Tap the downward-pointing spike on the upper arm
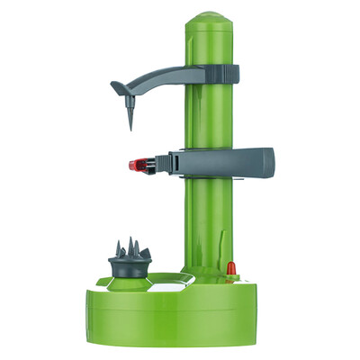(x=131, y=115)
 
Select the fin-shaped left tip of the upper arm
(x=118, y=87)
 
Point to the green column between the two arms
(x=211, y=117)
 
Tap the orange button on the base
(x=230, y=267)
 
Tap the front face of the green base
(x=180, y=315)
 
